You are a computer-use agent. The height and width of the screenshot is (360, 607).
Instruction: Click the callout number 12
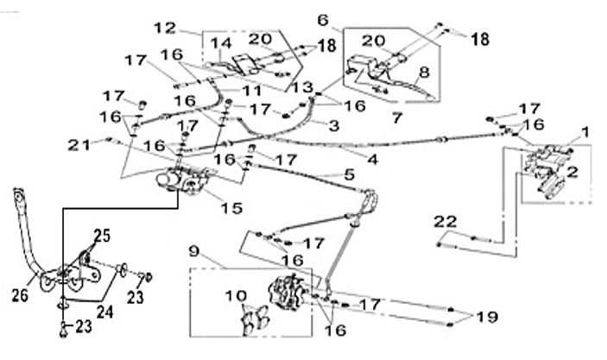[x=165, y=28]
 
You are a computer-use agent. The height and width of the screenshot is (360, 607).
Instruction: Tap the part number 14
[x=221, y=43]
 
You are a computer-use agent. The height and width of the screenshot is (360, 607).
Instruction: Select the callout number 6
[x=323, y=20]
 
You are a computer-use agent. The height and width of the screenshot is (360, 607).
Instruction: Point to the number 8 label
[x=424, y=72]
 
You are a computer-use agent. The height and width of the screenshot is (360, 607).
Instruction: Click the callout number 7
[x=397, y=117]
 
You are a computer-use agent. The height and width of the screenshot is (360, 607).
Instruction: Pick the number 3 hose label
[x=333, y=126]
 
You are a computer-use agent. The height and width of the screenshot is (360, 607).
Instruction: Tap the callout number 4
[x=372, y=159]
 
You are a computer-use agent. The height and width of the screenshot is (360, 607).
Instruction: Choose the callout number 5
[x=349, y=174]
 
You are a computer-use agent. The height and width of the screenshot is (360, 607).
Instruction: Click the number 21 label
[x=79, y=145]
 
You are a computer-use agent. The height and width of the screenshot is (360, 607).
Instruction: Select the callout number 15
[x=231, y=208]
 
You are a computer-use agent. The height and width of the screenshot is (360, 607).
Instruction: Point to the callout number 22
[x=446, y=222]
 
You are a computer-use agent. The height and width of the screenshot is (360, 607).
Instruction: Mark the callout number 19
[x=487, y=317]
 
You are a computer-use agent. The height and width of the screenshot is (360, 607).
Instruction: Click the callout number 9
[x=194, y=251]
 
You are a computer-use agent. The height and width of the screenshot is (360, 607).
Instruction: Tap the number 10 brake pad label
[x=236, y=296]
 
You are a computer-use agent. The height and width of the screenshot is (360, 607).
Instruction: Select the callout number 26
[x=20, y=296]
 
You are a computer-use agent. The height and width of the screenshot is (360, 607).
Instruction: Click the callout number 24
[x=104, y=312]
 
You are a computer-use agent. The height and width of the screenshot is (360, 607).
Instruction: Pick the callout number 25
[x=102, y=236]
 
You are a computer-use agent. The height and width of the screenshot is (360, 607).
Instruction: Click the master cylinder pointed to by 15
[x=183, y=180]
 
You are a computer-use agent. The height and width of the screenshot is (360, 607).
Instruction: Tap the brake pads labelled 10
[x=255, y=319]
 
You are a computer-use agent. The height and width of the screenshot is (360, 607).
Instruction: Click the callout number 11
[x=252, y=91]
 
